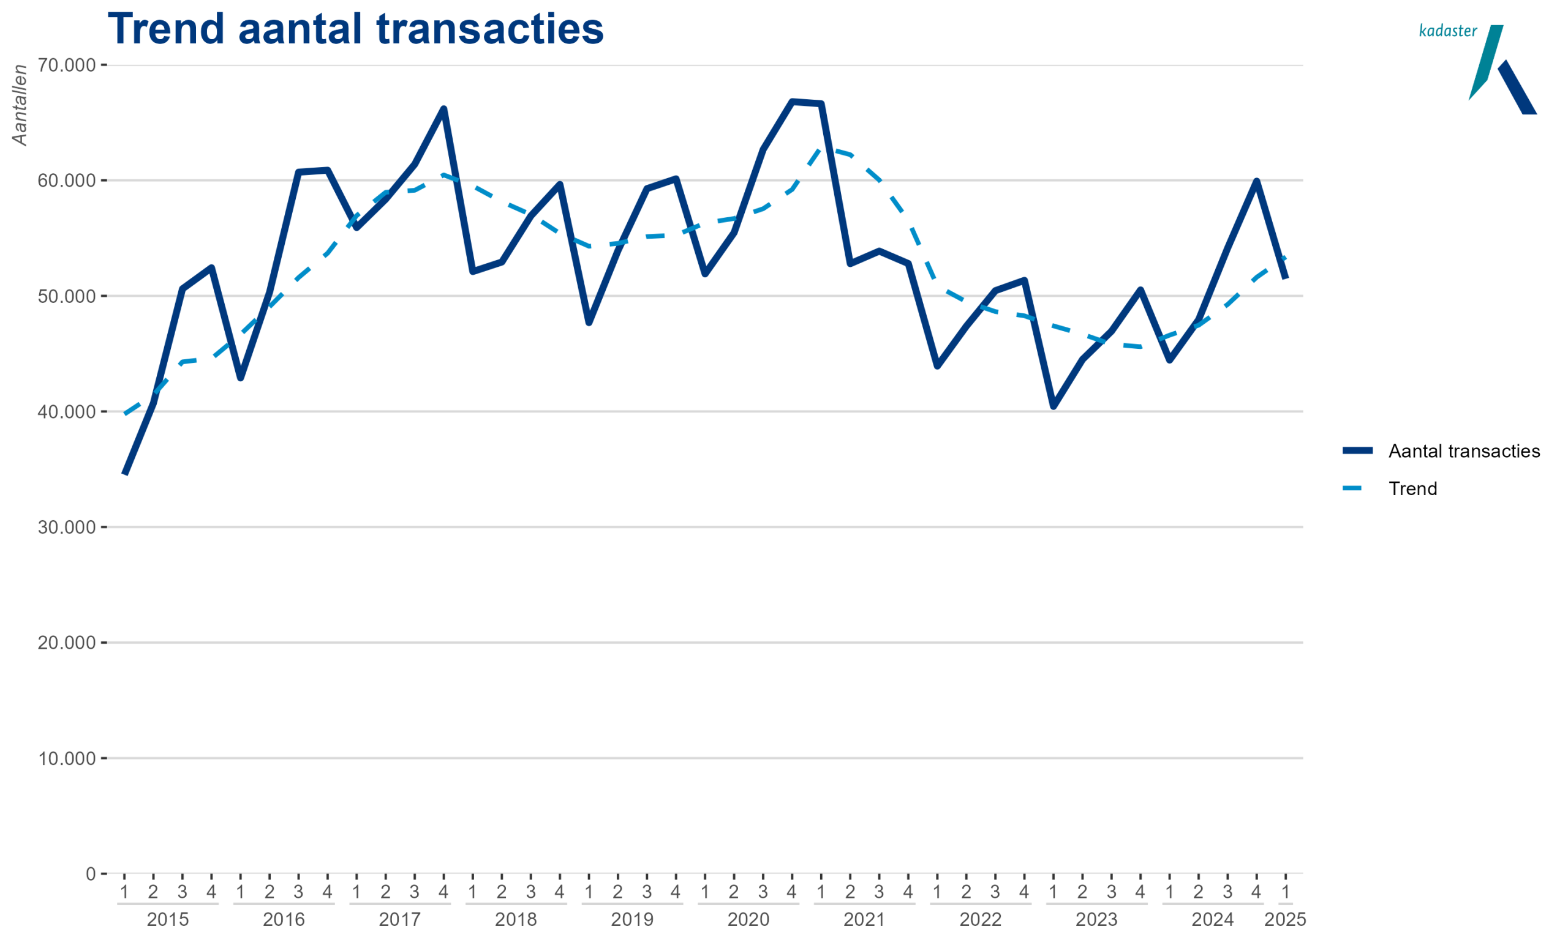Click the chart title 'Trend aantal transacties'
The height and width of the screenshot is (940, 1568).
[356, 29]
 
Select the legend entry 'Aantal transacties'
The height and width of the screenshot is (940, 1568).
[1463, 451]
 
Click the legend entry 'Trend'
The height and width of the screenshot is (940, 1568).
[1412, 488]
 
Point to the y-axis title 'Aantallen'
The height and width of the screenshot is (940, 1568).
[20, 105]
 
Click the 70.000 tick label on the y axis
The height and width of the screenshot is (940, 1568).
[67, 65]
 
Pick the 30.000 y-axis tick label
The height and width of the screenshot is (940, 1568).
[67, 527]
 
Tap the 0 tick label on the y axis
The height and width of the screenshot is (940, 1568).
[91, 874]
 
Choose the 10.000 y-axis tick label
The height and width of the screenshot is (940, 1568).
[67, 758]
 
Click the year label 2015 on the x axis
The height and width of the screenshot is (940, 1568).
[168, 920]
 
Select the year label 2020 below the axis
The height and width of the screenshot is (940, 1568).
[748, 920]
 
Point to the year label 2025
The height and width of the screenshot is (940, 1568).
[1285, 920]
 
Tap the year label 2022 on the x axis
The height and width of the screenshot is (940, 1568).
[981, 920]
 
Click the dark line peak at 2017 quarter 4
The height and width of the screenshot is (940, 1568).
[443, 109]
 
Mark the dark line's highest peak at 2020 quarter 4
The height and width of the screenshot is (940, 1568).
[792, 102]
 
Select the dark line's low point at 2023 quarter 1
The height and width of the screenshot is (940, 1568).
[1053, 406]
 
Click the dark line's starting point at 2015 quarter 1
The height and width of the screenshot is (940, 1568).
[125, 472]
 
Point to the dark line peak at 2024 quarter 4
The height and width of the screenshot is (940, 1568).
[1256, 182]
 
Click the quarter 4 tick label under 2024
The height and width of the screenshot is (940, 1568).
[1256, 892]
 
